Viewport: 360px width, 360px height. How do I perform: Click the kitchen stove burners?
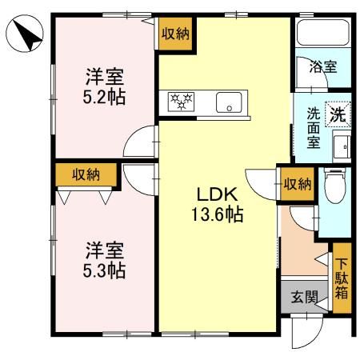(182, 102)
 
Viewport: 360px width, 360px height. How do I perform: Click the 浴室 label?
(323, 67)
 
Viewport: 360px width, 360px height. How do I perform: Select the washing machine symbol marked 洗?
(339, 114)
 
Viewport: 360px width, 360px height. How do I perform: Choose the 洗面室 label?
(313, 128)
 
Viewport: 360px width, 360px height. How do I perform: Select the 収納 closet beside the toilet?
(296, 185)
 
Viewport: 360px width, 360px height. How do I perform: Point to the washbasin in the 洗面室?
(341, 146)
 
